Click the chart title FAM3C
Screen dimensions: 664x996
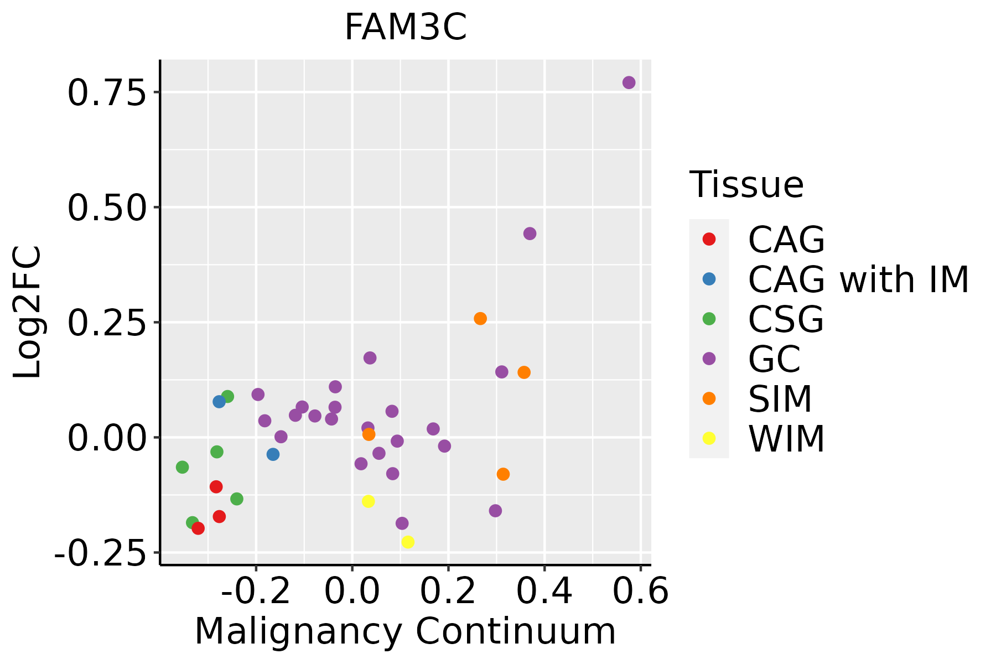(406, 28)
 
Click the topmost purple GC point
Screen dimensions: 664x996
(629, 82)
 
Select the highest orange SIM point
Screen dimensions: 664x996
(480, 319)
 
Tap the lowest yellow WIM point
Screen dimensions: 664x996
(408, 542)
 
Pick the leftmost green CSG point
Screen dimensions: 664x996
(182, 467)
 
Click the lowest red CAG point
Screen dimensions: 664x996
(198, 528)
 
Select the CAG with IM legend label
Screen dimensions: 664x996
(858, 279)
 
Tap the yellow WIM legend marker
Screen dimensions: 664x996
(709, 438)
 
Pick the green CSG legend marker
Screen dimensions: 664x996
(709, 319)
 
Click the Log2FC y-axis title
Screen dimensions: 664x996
(28, 312)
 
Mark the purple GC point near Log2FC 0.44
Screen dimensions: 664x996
(530, 234)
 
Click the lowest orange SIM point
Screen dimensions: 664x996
(503, 474)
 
